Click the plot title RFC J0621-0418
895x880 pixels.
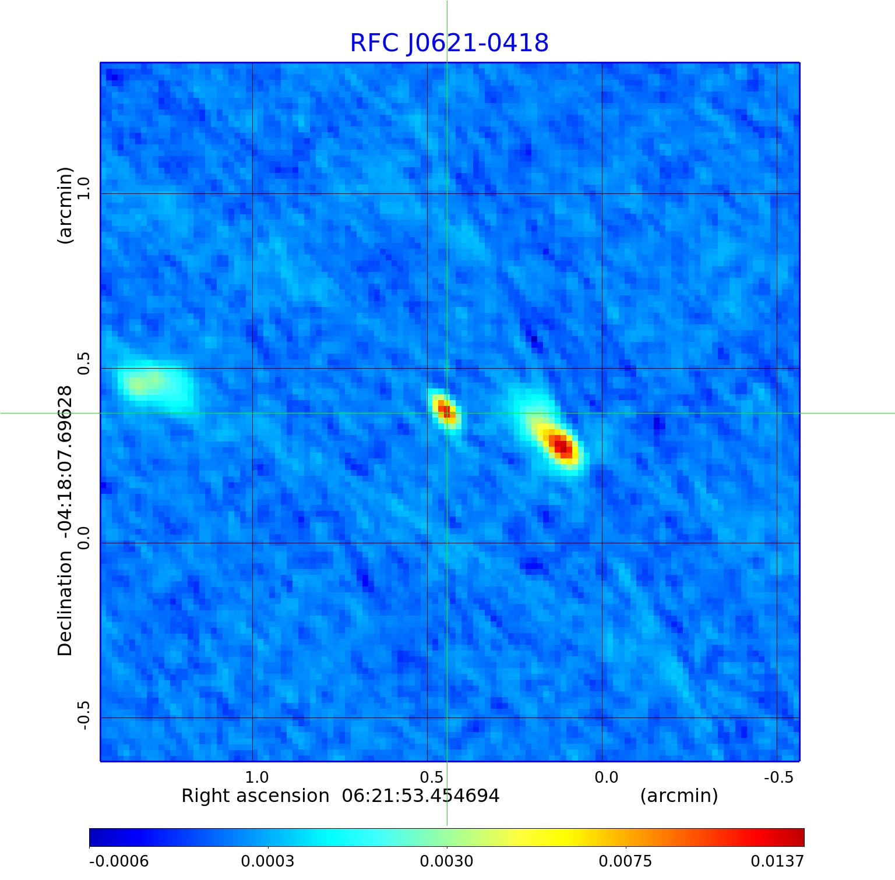(449, 43)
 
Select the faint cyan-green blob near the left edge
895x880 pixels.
(153, 384)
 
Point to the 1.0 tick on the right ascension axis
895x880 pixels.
(256, 777)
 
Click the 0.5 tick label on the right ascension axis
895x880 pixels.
(431, 777)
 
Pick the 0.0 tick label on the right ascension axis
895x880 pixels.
(606, 777)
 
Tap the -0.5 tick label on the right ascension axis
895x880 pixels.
(778, 777)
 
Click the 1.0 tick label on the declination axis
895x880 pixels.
(83, 189)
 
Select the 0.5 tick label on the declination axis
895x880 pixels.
(83, 363)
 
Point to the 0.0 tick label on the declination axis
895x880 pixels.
(83, 538)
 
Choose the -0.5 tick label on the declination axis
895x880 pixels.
(83, 715)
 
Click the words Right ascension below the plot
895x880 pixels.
(255, 796)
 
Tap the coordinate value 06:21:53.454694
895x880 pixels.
(420, 796)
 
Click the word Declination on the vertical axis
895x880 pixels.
(65, 603)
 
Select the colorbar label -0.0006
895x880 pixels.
(119, 861)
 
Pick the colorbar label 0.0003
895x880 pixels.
(267, 861)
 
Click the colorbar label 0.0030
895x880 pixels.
(446, 861)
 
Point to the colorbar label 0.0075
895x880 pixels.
(625, 861)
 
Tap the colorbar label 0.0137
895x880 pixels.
(777, 861)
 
